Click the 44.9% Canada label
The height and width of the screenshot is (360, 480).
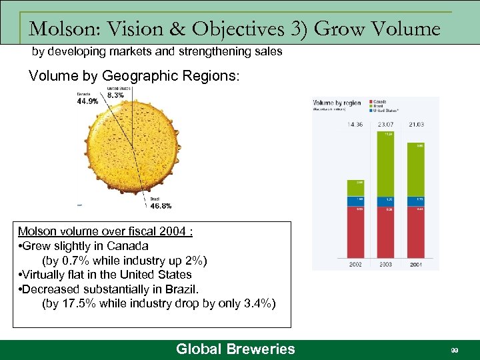coord(87,101)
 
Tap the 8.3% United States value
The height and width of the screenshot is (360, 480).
coord(115,95)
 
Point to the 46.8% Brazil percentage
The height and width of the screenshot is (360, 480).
coord(160,206)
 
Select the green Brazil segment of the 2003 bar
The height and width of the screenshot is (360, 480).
coord(385,164)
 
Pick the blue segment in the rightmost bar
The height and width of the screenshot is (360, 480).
coord(416,199)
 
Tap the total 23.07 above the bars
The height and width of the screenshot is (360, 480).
coord(386,125)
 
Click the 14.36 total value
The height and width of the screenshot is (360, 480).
coord(355,125)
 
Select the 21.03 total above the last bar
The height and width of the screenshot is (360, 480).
coord(416,125)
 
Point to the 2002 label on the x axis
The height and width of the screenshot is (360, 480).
coord(355,265)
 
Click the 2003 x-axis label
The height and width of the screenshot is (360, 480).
coord(386,265)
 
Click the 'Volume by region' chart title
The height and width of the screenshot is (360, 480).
coord(337,103)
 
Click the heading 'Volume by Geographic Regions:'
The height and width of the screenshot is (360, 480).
coord(133,75)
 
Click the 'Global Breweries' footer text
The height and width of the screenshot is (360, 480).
coord(235,349)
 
